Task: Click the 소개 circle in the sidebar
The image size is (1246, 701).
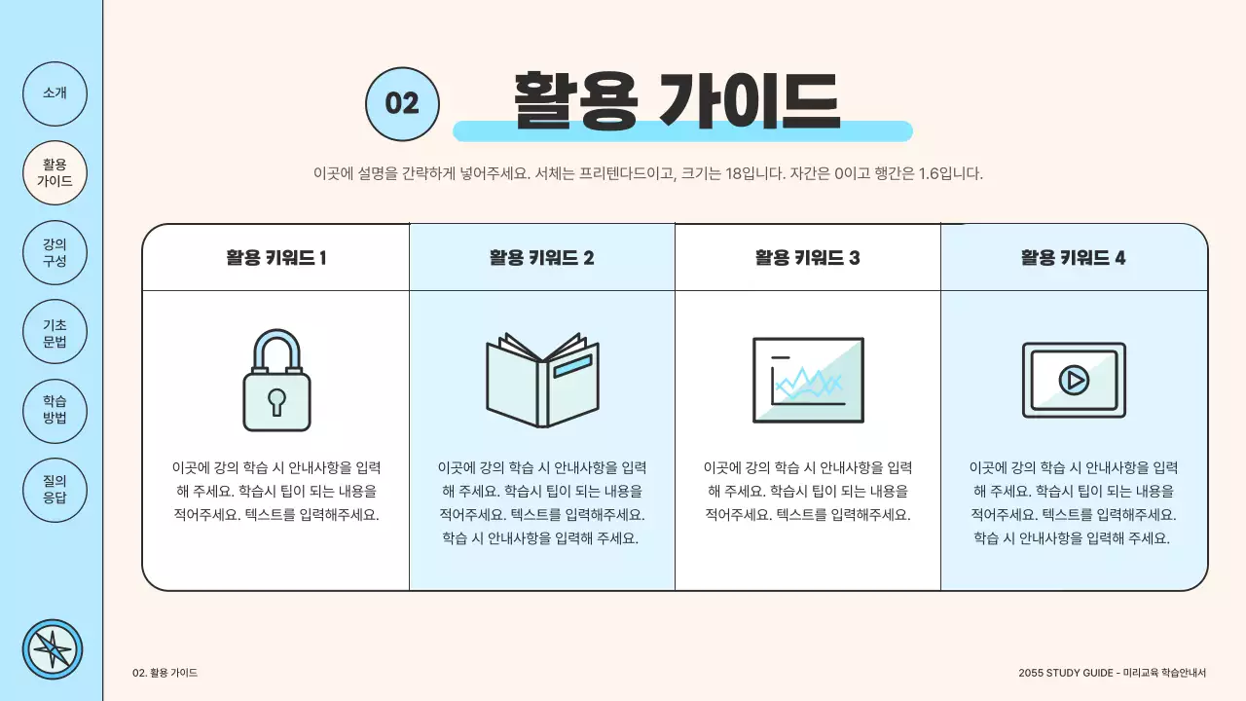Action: [55, 93]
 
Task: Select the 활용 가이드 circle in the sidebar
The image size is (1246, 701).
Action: [55, 172]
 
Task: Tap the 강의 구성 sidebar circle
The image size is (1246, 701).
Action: [55, 252]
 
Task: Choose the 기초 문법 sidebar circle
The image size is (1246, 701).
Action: [55, 332]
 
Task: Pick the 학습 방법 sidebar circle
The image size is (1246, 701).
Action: [55, 410]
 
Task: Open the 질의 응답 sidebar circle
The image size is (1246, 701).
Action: [55, 489]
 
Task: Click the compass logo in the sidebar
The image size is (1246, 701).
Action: [53, 649]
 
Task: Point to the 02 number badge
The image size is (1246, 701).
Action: [402, 103]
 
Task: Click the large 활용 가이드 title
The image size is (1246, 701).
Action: [676, 100]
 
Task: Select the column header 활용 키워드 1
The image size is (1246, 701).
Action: [275, 258]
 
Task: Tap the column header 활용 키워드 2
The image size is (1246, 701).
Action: [541, 258]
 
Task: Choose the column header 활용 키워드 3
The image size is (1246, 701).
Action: [807, 258]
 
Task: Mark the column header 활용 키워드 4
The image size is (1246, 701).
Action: [1073, 258]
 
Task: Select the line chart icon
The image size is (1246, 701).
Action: [808, 380]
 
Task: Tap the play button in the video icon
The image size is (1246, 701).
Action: [1074, 380]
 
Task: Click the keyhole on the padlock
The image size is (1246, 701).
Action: [277, 400]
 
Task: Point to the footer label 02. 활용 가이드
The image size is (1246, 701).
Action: [165, 673]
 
